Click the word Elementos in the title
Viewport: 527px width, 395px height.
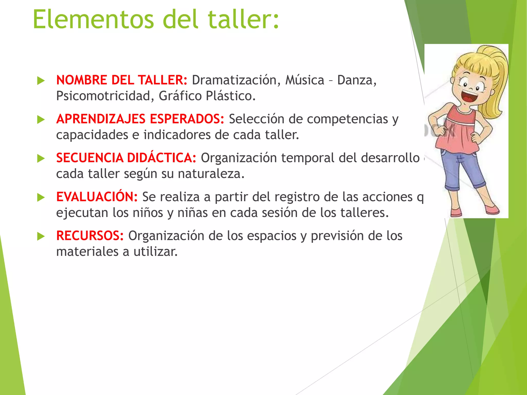(93, 20)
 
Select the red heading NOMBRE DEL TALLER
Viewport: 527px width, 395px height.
(122, 80)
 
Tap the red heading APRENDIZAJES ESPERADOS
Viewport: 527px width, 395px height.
(140, 119)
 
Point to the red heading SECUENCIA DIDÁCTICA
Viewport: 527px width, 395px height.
(126, 158)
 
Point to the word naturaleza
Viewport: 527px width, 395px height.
(211, 174)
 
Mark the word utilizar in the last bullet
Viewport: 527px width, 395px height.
(155, 252)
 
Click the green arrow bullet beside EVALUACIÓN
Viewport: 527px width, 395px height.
(41, 197)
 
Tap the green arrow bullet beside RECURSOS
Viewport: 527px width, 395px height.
(41, 236)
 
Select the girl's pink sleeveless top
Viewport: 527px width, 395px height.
(458, 131)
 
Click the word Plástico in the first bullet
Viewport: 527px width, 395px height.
(231, 96)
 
